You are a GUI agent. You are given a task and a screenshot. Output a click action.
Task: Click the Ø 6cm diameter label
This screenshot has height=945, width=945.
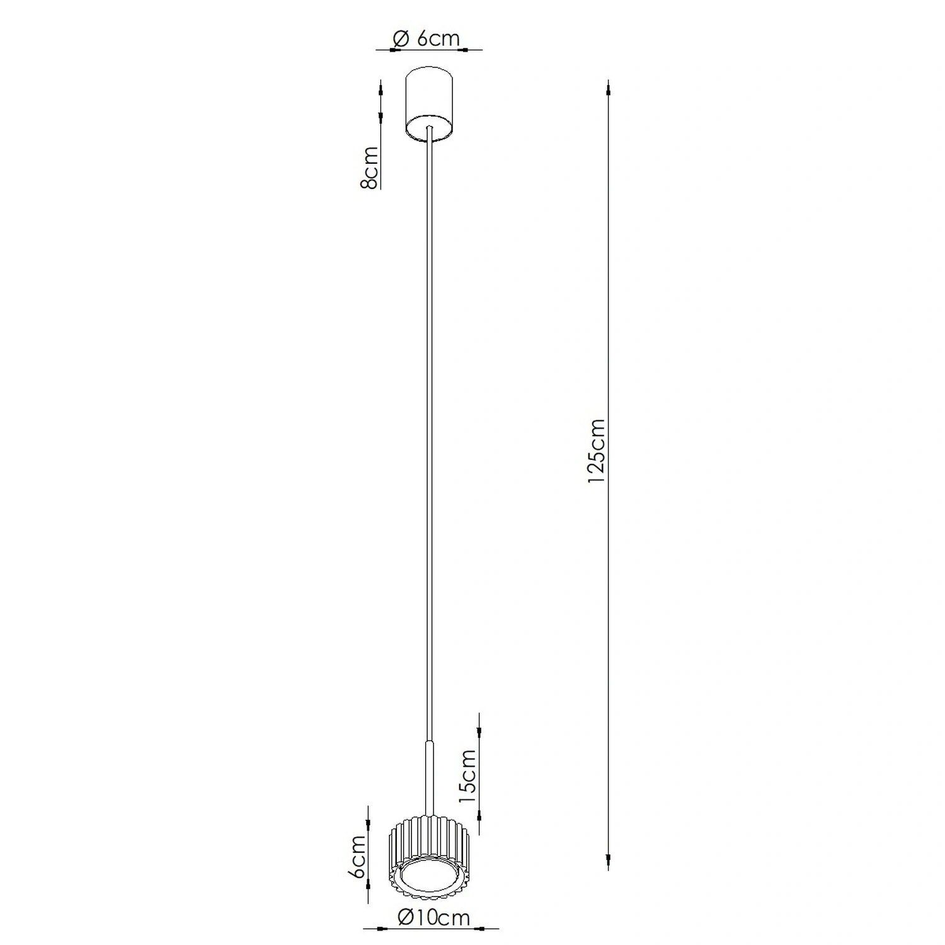tap(426, 39)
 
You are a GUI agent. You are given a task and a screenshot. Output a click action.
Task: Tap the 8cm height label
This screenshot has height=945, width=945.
tap(369, 168)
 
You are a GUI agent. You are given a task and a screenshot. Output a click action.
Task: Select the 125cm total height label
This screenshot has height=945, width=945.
tap(595, 451)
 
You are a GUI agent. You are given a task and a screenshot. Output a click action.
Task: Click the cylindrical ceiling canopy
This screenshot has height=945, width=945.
tap(429, 105)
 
